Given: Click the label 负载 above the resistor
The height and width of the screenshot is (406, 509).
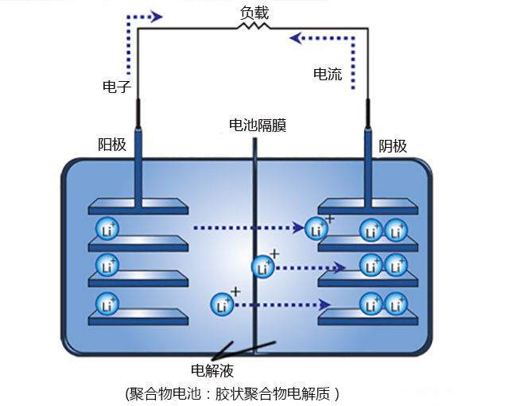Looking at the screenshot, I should (x=254, y=12).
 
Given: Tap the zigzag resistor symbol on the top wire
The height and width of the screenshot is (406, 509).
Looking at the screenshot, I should (x=254, y=27).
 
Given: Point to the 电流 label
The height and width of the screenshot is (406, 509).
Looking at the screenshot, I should (x=328, y=74).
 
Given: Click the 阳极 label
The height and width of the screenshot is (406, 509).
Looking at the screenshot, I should (x=111, y=145).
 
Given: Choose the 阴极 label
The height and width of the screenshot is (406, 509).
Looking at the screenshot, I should (x=392, y=145).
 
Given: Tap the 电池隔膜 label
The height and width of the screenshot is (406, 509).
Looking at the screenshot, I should (x=257, y=125).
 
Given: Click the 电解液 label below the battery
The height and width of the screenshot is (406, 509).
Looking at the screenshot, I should (x=212, y=370).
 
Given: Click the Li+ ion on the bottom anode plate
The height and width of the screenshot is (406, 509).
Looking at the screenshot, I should (x=107, y=303).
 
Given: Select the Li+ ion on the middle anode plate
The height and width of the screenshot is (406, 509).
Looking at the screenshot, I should (x=107, y=265).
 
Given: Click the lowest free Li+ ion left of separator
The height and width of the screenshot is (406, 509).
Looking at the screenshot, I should (x=223, y=304).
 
